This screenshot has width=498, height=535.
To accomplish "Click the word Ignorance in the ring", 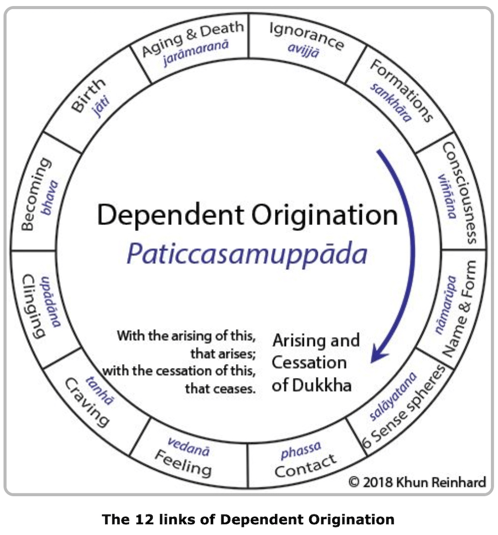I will point(306,35).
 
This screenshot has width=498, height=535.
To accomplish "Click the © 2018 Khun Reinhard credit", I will point(417,482).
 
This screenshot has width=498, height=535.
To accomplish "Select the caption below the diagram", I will point(248,520).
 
